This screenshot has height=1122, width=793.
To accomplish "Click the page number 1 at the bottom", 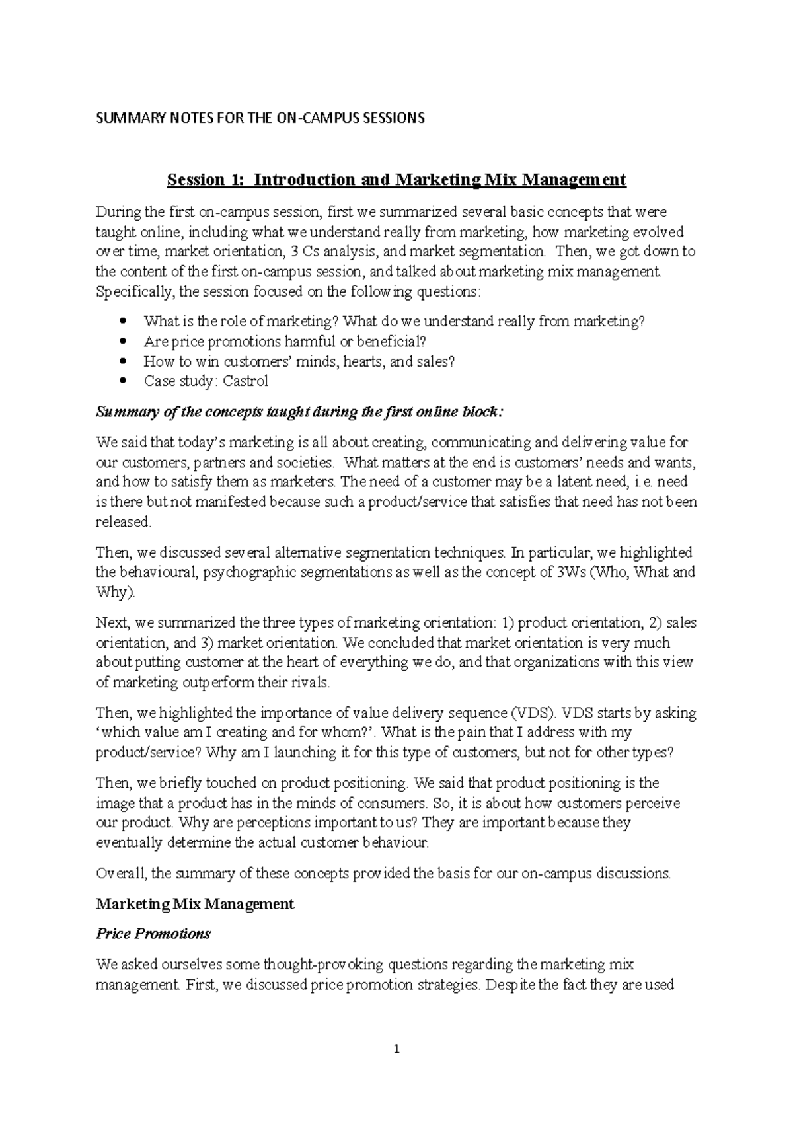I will coord(397,1049).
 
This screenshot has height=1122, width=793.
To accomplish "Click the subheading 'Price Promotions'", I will coord(153,934).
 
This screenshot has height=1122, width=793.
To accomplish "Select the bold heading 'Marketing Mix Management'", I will coord(195,903).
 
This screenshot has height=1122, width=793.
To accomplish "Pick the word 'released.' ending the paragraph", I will coord(124,522).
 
